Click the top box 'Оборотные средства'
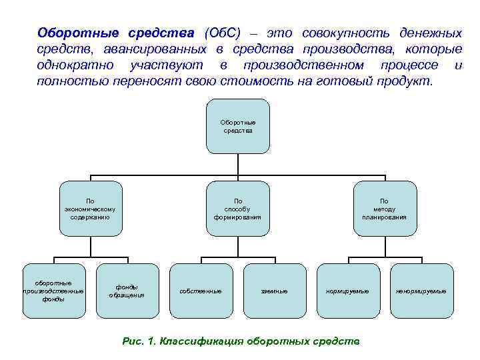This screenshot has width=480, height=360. [x=238, y=127]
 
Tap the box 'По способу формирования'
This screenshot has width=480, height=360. [x=237, y=209]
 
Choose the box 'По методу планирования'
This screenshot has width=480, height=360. [x=384, y=209]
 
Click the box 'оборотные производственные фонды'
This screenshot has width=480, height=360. [x=53, y=291]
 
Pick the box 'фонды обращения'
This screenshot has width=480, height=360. [x=127, y=291]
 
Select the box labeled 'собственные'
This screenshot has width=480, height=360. [x=201, y=291]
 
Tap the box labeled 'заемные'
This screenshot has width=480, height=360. [x=274, y=291]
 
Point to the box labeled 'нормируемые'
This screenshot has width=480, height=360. [x=347, y=291]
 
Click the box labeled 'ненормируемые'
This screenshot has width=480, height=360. [x=421, y=291]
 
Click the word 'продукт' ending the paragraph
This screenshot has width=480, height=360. [x=407, y=81]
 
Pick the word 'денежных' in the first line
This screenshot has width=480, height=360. [x=431, y=33]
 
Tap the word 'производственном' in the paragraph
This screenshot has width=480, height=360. [x=303, y=65]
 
